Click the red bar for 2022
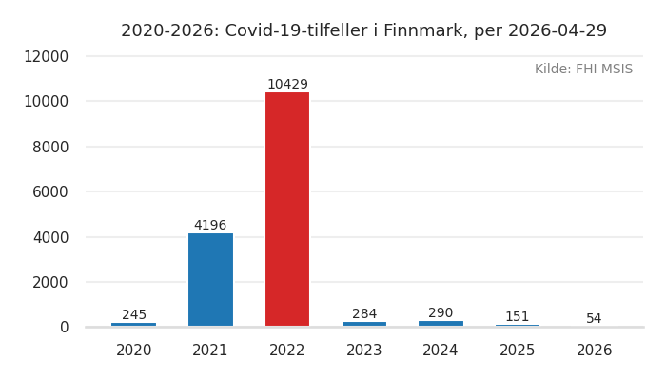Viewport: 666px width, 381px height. [x=287, y=210]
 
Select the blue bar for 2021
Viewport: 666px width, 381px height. [x=210, y=280]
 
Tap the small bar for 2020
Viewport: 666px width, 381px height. [x=134, y=325]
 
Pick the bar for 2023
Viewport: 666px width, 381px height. [x=364, y=324]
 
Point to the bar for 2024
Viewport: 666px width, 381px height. [x=441, y=324]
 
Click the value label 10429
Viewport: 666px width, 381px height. [x=287, y=85]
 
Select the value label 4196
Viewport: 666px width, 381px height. [x=210, y=226]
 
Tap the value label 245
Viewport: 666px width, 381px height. [x=134, y=315]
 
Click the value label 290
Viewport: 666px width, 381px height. [x=441, y=313]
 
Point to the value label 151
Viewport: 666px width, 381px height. [x=518, y=317]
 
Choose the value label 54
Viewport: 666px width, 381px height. [x=594, y=319]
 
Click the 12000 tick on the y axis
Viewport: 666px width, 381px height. [x=46, y=56]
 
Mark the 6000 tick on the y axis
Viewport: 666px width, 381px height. [x=50, y=191]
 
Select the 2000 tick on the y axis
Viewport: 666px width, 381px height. [x=50, y=282]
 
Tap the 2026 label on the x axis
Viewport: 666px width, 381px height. [x=595, y=351]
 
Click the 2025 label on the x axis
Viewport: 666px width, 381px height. [x=518, y=351]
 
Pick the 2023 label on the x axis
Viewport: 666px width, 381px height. [x=364, y=351]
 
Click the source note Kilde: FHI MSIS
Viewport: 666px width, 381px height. [x=583, y=70]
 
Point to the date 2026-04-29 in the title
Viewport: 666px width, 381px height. [x=557, y=31]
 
